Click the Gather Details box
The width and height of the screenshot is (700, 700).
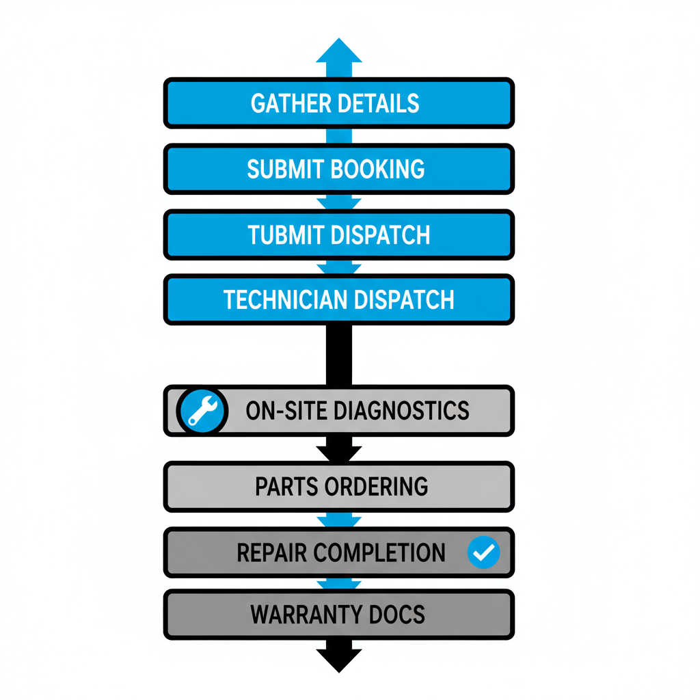pos(338,103)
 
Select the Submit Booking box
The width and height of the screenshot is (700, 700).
pos(338,169)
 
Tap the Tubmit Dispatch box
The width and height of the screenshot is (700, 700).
pos(338,234)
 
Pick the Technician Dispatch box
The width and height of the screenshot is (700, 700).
pos(338,299)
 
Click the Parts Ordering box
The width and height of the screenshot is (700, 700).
pos(338,487)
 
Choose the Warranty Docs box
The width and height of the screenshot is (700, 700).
pos(338,614)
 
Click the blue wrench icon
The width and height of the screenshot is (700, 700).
pos(202,411)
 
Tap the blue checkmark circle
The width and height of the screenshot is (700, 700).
pos(483,552)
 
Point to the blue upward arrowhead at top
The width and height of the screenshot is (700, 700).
pos(339,51)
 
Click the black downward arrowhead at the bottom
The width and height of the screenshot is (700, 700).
pos(339,659)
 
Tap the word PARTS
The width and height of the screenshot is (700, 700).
pos(286,487)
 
